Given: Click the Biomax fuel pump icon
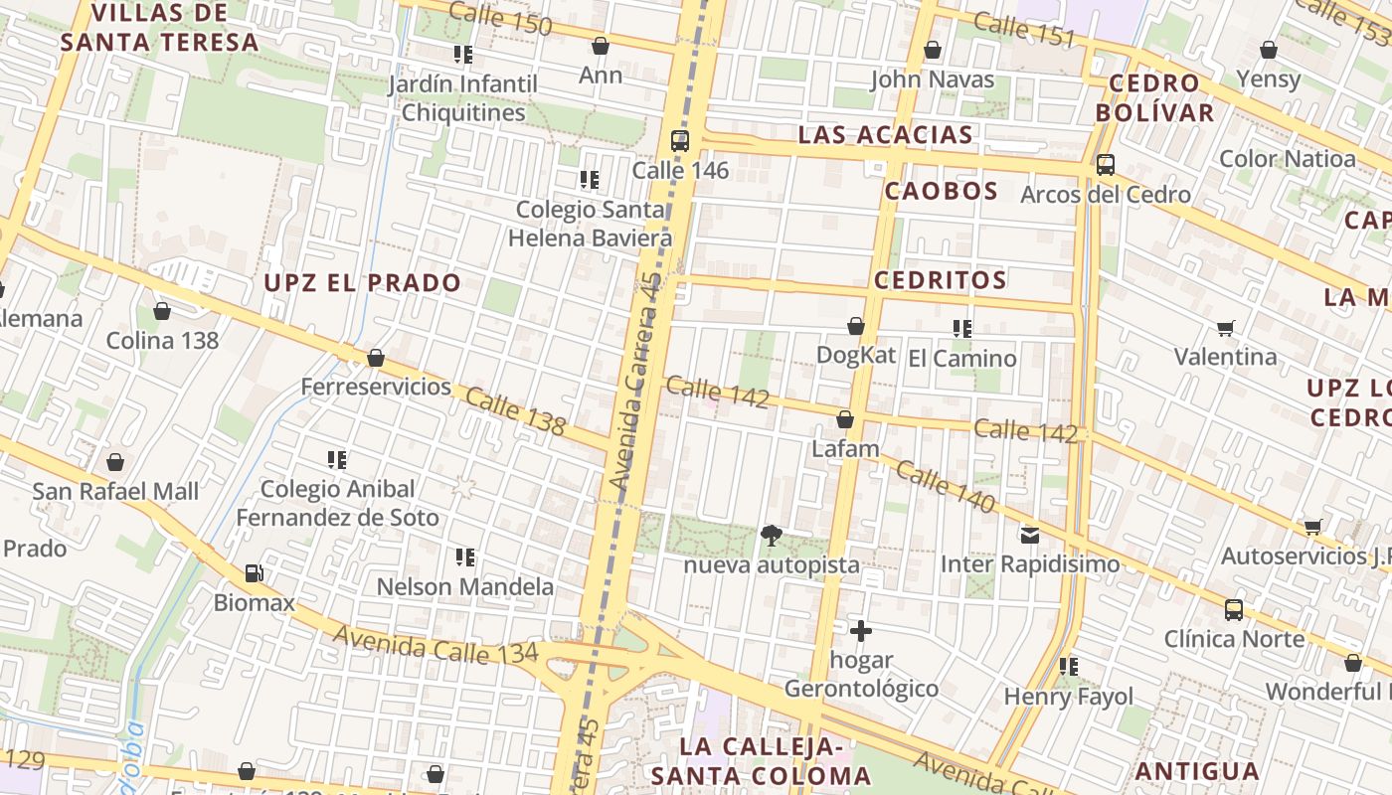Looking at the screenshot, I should (255, 573).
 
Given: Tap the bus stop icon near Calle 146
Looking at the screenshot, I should (680, 141).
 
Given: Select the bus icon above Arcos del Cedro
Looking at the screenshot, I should (1106, 165).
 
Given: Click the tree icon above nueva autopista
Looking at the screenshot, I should (771, 537).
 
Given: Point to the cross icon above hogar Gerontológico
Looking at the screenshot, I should (861, 631).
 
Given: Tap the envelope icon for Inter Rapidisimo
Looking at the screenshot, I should (1030, 536).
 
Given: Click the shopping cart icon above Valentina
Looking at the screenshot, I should (1226, 328).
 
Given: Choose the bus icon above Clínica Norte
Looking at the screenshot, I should (1234, 610).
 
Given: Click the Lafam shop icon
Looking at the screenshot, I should (845, 420).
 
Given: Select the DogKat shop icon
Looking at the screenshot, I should (856, 326).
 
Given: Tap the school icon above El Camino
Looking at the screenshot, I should (961, 329).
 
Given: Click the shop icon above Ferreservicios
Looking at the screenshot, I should (376, 358).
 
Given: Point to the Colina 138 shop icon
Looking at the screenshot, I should (162, 311).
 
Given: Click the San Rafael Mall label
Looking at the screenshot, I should (115, 491).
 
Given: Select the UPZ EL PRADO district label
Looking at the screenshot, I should (362, 283).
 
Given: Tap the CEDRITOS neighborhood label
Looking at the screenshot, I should (941, 280).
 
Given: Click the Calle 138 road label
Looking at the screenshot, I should (515, 412).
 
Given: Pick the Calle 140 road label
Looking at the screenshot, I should (945, 486).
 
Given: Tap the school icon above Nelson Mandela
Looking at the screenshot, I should (465, 557).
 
